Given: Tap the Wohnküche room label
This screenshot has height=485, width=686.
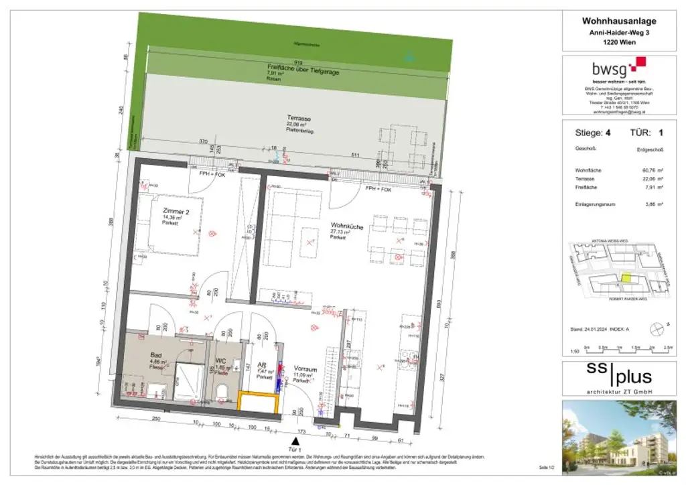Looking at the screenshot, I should pyautogui.click(x=346, y=227).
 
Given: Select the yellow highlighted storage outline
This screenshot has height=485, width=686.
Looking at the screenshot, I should pyautogui.click(x=257, y=402).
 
